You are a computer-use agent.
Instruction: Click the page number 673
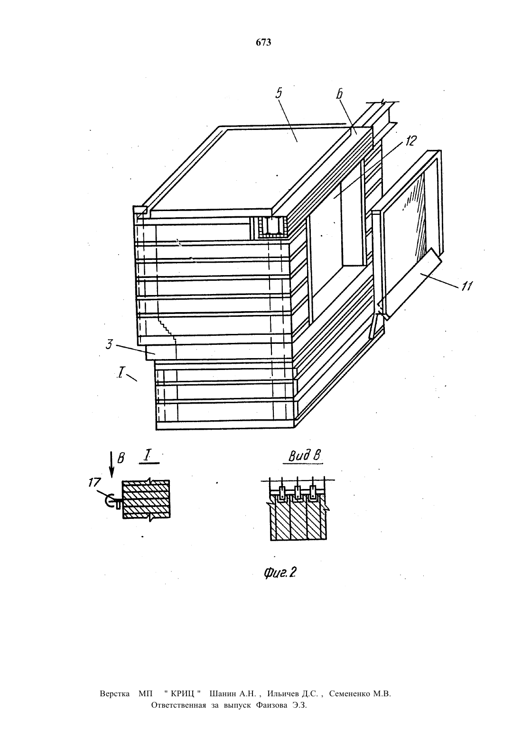(263, 42)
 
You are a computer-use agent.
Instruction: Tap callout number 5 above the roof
(279, 93)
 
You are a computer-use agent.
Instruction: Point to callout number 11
(466, 286)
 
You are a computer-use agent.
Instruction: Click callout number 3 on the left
(109, 344)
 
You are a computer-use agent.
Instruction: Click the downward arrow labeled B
(112, 464)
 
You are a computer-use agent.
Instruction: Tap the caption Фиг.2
(280, 573)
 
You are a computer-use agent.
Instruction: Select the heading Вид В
(305, 456)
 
